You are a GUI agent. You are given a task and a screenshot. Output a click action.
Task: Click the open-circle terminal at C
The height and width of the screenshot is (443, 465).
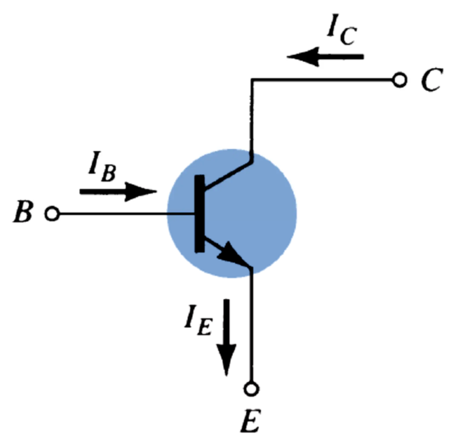coord(400,81)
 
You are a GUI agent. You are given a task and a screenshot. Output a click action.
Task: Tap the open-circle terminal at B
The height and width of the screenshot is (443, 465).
coord(52,214)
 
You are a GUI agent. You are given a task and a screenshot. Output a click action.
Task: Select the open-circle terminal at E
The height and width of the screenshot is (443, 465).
coord(252,388)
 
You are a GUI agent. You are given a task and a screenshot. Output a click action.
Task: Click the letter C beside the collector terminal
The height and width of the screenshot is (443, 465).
coord(433,81)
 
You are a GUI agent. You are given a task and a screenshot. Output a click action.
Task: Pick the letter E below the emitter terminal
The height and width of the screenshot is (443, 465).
coord(252,421)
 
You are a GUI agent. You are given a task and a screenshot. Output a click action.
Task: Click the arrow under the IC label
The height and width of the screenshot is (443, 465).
coord(326,56)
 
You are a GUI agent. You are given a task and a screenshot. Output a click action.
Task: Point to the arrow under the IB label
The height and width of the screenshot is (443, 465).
coord(118,191)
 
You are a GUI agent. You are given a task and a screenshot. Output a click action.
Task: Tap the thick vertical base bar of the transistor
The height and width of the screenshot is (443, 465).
coord(199,214)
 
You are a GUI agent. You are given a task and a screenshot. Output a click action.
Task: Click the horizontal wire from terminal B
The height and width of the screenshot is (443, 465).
coord(125,214)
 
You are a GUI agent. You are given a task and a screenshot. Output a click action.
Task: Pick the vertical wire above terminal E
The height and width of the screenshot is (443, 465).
coord(252,326)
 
